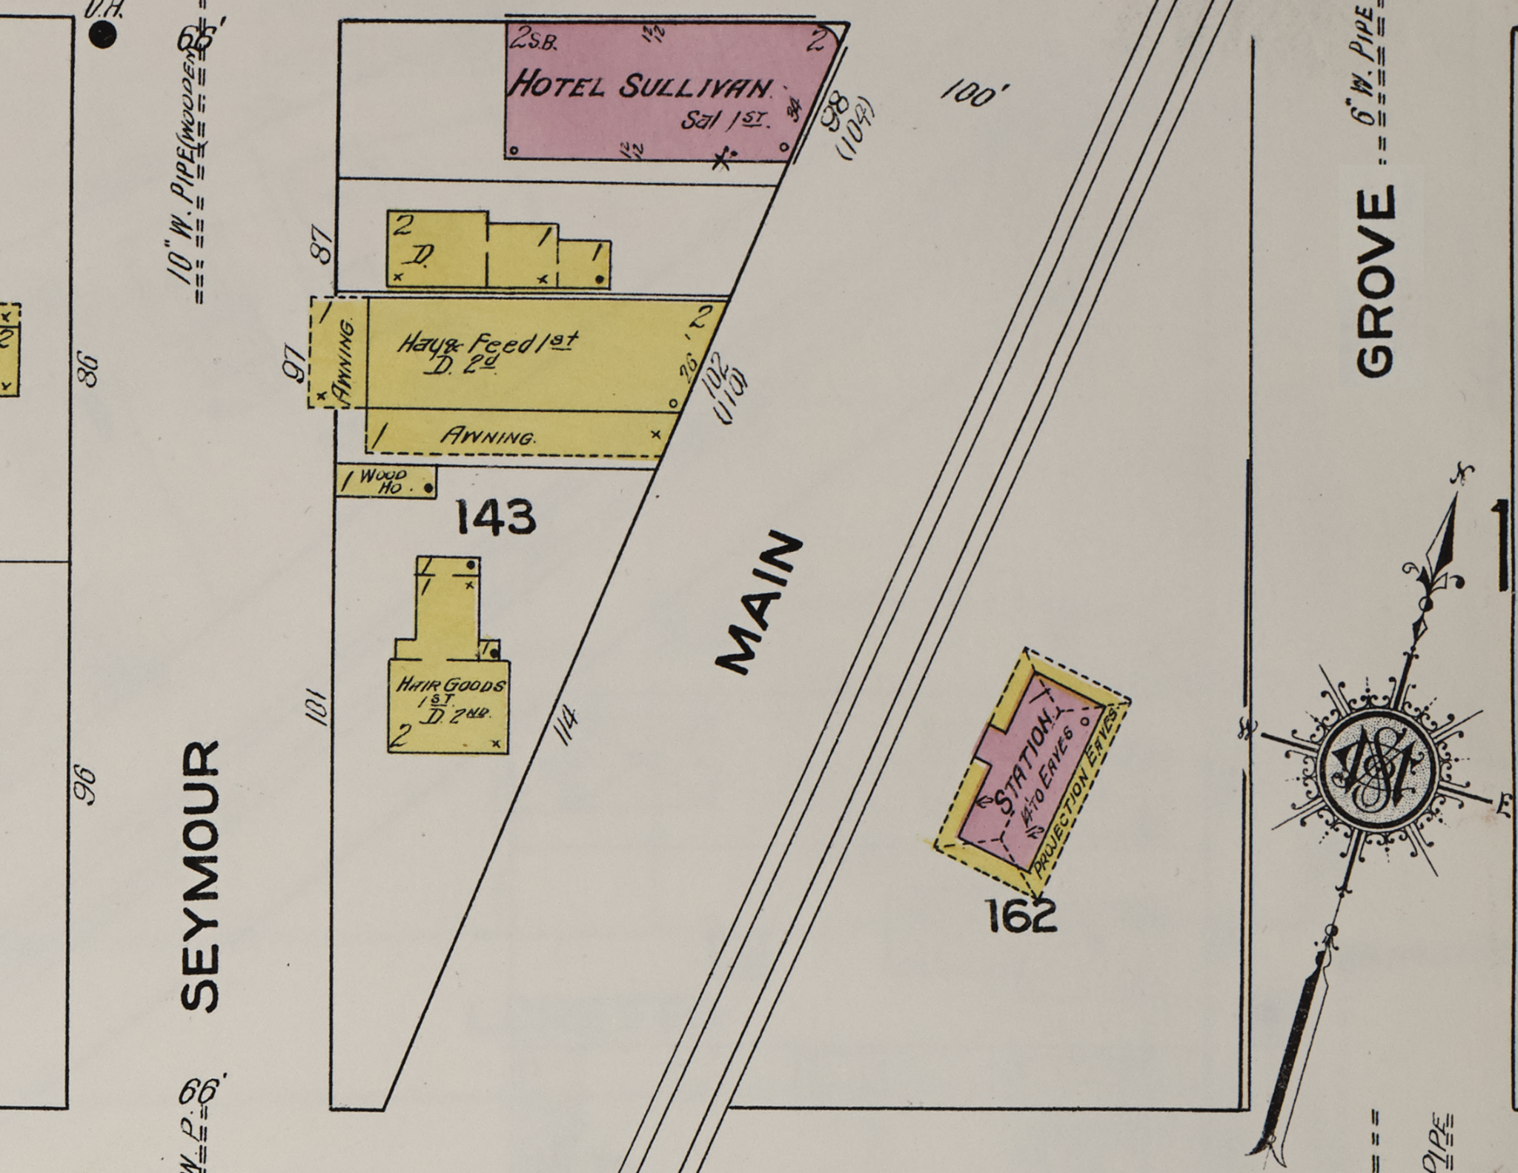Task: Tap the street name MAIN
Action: coord(758,602)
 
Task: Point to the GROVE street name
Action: coord(1376,282)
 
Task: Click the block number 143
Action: coord(495,516)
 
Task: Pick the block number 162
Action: coord(1021,917)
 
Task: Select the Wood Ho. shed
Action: coord(386,482)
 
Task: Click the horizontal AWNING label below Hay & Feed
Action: coord(488,436)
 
